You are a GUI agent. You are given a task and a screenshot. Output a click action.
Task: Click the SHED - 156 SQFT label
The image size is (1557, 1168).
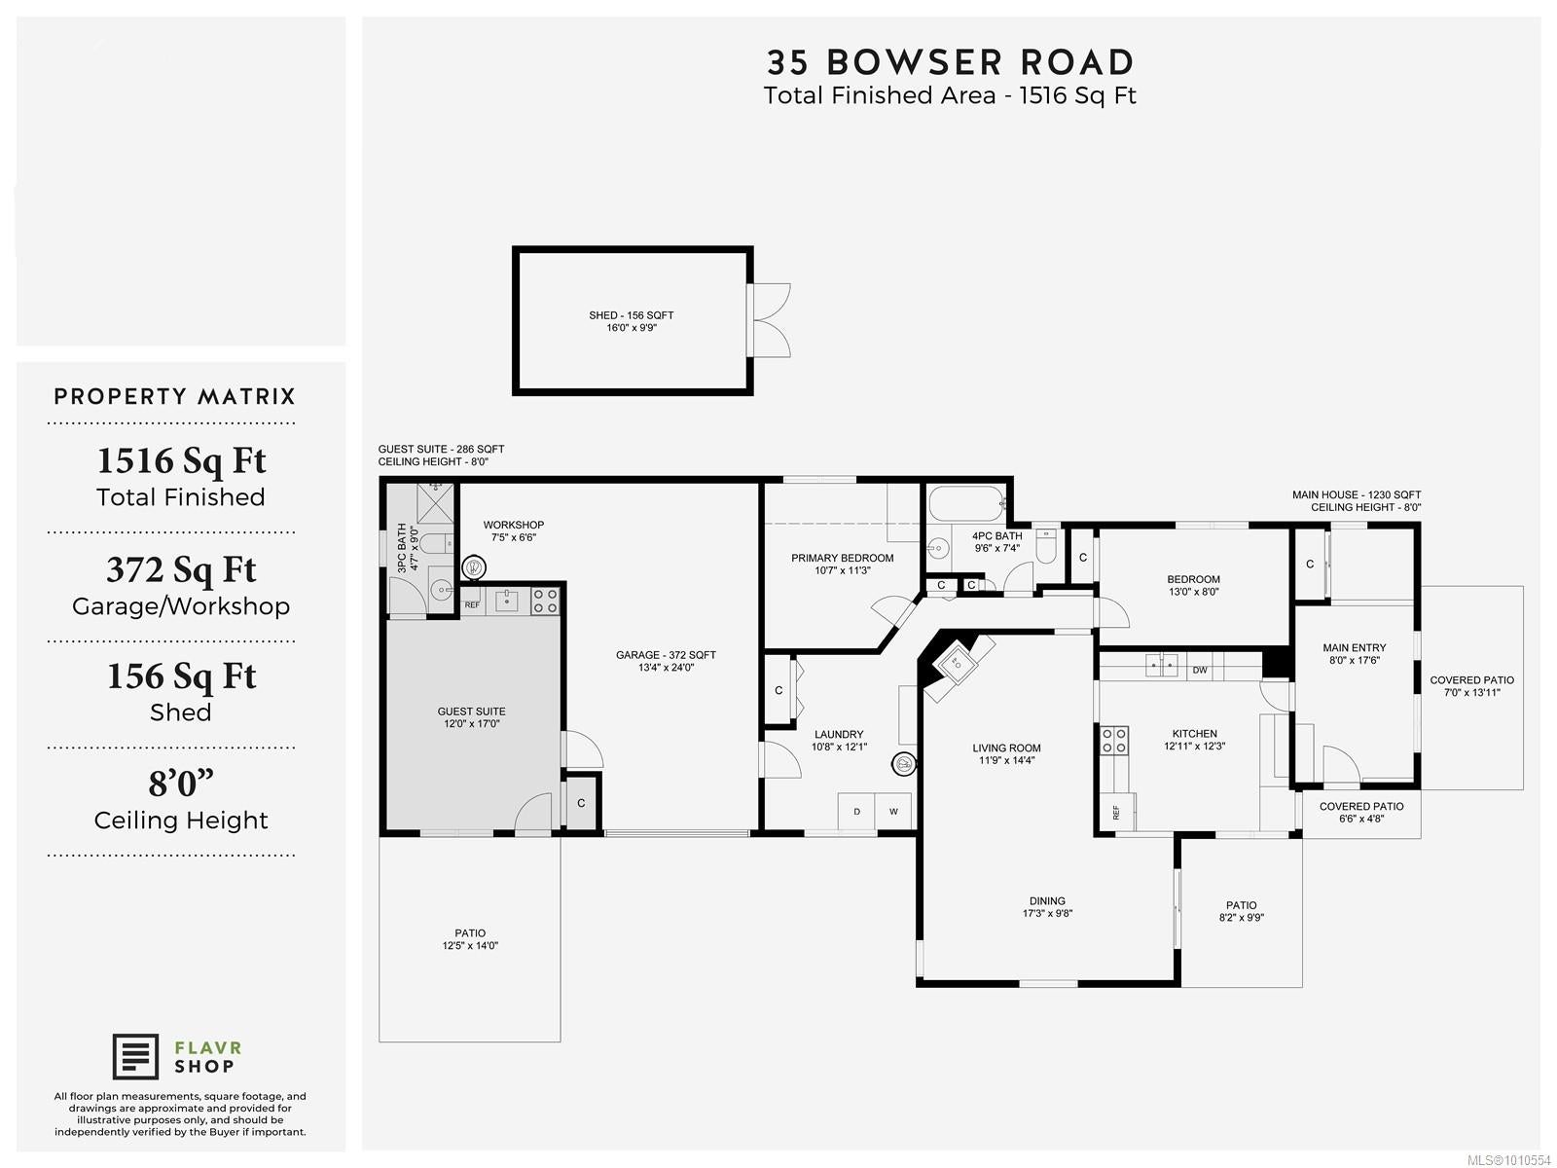(x=631, y=314)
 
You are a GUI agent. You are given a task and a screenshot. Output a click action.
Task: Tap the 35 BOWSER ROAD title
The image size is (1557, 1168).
(x=950, y=62)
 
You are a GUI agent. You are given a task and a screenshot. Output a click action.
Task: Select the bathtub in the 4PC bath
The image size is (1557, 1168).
(x=966, y=503)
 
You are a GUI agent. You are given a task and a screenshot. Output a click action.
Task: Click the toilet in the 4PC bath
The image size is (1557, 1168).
(x=1046, y=545)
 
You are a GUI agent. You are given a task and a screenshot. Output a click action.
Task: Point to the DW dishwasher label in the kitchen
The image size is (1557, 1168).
(x=1200, y=671)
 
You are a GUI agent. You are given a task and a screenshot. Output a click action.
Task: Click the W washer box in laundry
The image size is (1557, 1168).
(x=893, y=812)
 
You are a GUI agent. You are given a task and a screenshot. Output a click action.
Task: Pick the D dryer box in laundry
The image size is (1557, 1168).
(x=856, y=812)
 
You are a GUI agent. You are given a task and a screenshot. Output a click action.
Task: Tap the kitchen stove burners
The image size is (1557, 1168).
(x=1113, y=741)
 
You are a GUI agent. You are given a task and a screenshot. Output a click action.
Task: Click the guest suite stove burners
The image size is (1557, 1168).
(x=545, y=601)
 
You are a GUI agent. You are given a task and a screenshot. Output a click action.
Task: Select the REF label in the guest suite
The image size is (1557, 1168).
(x=472, y=604)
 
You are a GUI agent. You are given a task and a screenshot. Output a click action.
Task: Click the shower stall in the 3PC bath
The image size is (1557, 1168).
(x=434, y=503)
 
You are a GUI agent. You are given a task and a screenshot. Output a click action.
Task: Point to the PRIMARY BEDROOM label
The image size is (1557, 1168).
(x=842, y=558)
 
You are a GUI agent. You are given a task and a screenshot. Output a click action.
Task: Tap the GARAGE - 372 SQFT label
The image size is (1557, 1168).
(x=666, y=655)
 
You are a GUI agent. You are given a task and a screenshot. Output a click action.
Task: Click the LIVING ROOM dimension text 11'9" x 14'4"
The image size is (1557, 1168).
(x=1006, y=760)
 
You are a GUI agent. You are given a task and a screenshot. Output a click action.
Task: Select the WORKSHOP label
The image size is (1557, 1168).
(x=514, y=525)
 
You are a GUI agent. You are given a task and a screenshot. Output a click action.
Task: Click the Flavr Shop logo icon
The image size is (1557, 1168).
(x=134, y=1057)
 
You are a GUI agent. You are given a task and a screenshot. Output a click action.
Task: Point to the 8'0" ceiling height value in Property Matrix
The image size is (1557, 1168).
(x=181, y=783)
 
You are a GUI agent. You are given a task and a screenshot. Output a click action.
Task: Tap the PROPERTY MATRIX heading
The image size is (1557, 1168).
(x=174, y=396)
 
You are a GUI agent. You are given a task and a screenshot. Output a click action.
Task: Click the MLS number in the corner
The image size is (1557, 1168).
(x=1508, y=1160)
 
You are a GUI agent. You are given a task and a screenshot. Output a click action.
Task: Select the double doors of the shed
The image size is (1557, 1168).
(x=770, y=320)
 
